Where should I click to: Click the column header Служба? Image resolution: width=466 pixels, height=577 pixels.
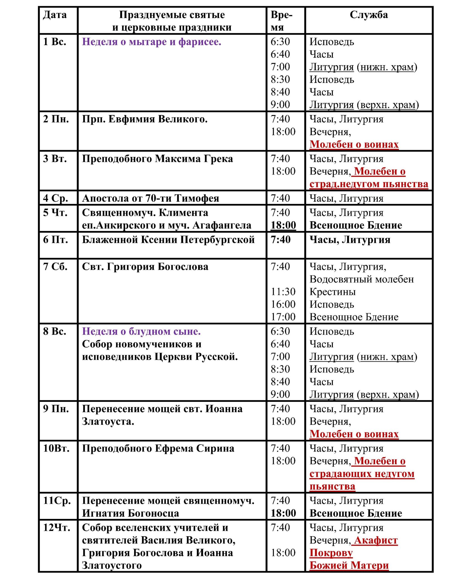point(369,15)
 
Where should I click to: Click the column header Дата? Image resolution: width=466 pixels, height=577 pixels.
point(55,15)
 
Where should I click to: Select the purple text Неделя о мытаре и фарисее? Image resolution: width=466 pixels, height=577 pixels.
point(151,42)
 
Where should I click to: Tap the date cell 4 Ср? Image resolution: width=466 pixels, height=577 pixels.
point(55,198)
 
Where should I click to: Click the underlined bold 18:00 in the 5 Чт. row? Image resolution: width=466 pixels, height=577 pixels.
point(283,225)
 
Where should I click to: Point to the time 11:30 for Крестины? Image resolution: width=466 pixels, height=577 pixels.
point(283,292)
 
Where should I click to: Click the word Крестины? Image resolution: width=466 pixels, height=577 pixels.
point(333,292)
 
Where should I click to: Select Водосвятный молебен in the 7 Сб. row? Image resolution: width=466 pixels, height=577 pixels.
point(362,279)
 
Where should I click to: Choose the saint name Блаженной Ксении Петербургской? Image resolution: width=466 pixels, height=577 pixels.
point(168,240)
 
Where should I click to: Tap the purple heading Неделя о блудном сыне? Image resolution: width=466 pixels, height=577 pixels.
point(141,331)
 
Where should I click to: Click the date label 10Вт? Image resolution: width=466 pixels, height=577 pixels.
point(56,448)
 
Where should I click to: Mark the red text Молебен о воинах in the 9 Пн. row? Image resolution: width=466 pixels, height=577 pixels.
point(354,434)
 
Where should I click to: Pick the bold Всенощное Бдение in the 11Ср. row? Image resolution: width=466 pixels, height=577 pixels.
point(356,513)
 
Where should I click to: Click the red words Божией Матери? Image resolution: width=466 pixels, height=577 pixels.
point(349,565)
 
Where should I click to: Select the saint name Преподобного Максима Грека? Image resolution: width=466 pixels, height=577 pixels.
point(157,159)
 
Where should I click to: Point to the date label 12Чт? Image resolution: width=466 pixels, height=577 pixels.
point(57,527)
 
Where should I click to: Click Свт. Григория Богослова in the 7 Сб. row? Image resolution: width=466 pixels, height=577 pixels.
point(145,267)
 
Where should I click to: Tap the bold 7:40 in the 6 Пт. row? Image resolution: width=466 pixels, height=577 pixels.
point(280,240)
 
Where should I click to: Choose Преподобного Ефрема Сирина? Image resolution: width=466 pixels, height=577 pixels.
point(158,448)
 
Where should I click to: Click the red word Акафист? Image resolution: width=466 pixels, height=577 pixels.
point(376,540)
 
